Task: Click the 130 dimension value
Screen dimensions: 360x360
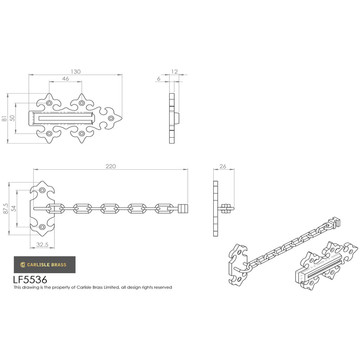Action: (x=76, y=72)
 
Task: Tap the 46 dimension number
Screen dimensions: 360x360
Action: (x=65, y=78)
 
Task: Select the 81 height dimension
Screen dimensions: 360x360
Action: (x=4, y=118)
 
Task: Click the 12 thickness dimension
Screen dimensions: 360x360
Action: (x=174, y=72)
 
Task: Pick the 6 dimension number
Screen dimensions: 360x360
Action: (x=159, y=78)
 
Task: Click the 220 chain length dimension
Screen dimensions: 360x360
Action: (x=111, y=166)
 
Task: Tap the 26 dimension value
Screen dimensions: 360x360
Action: (x=223, y=166)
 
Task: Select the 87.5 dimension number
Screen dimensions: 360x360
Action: (x=6, y=208)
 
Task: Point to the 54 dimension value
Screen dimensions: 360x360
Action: (x=14, y=208)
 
